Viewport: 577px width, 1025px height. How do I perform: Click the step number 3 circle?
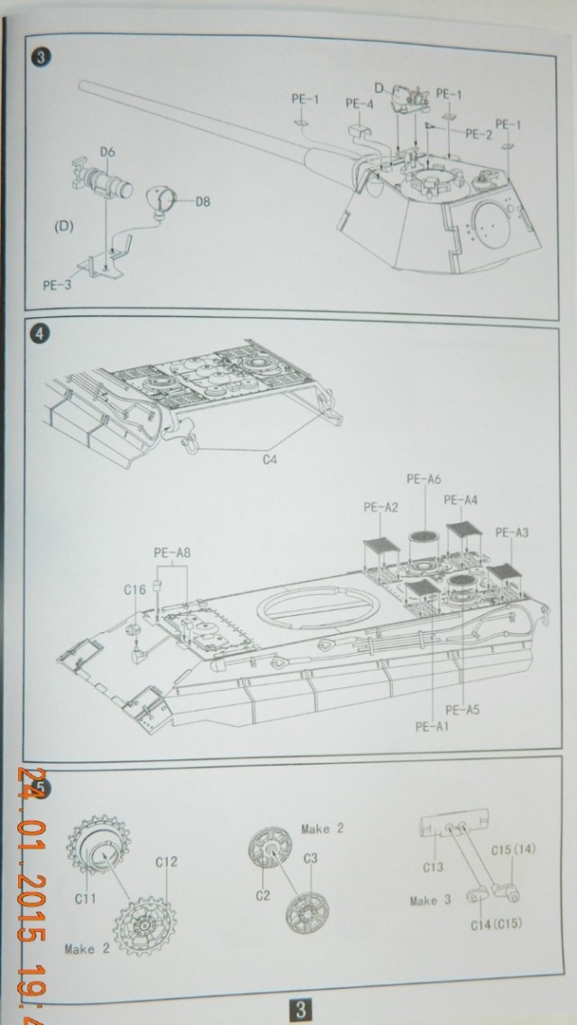click(x=41, y=59)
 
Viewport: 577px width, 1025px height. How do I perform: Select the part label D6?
click(x=106, y=151)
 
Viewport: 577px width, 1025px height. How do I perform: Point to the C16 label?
click(x=134, y=590)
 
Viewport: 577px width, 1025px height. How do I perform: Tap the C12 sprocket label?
click(x=166, y=862)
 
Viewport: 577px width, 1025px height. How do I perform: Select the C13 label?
click(x=435, y=867)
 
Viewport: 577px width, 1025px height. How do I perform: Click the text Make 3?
click(x=429, y=900)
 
